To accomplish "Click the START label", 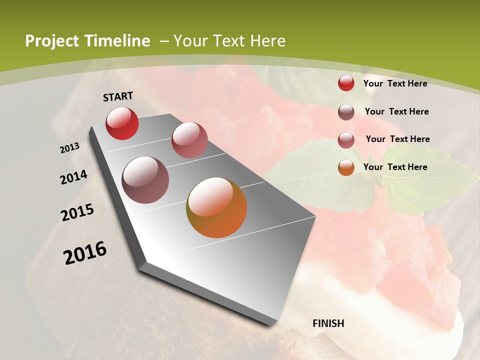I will tap(118, 96).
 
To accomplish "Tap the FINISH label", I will tap(328, 323).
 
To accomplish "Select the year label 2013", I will tap(70, 148).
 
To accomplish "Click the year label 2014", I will tap(74, 177).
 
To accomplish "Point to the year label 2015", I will tap(77, 212).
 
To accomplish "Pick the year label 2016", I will tap(85, 252).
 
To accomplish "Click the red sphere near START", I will tap(122, 123).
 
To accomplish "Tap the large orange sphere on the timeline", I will tap(216, 207).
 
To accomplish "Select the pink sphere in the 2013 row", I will tap(189, 140).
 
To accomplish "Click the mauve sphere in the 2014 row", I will tap(145, 180).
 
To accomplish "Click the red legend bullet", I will tap(346, 83).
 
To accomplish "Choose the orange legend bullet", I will tap(346, 167).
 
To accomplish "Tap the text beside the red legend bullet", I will tap(395, 83).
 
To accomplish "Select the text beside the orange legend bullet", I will tap(395, 167).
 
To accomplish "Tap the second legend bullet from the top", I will tap(346, 112).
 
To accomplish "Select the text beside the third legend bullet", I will tap(397, 139).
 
